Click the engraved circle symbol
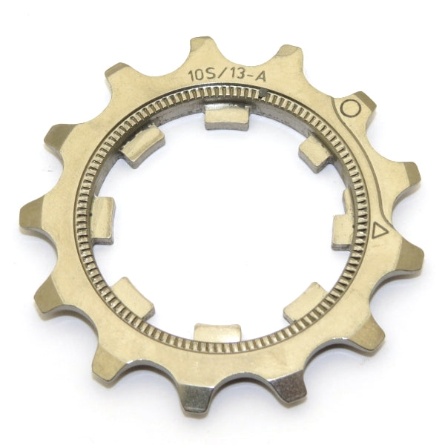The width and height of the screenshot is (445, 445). [351, 108]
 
